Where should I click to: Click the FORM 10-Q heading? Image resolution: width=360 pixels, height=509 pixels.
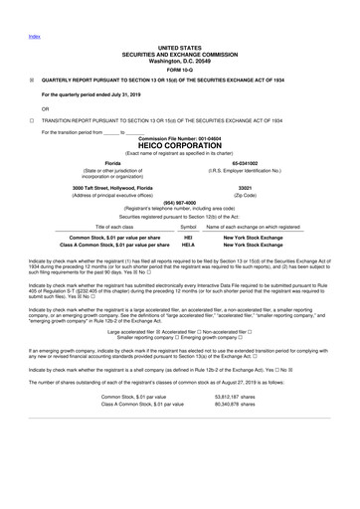coord(179,69)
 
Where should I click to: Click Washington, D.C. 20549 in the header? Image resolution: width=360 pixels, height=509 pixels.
coord(179,60)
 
